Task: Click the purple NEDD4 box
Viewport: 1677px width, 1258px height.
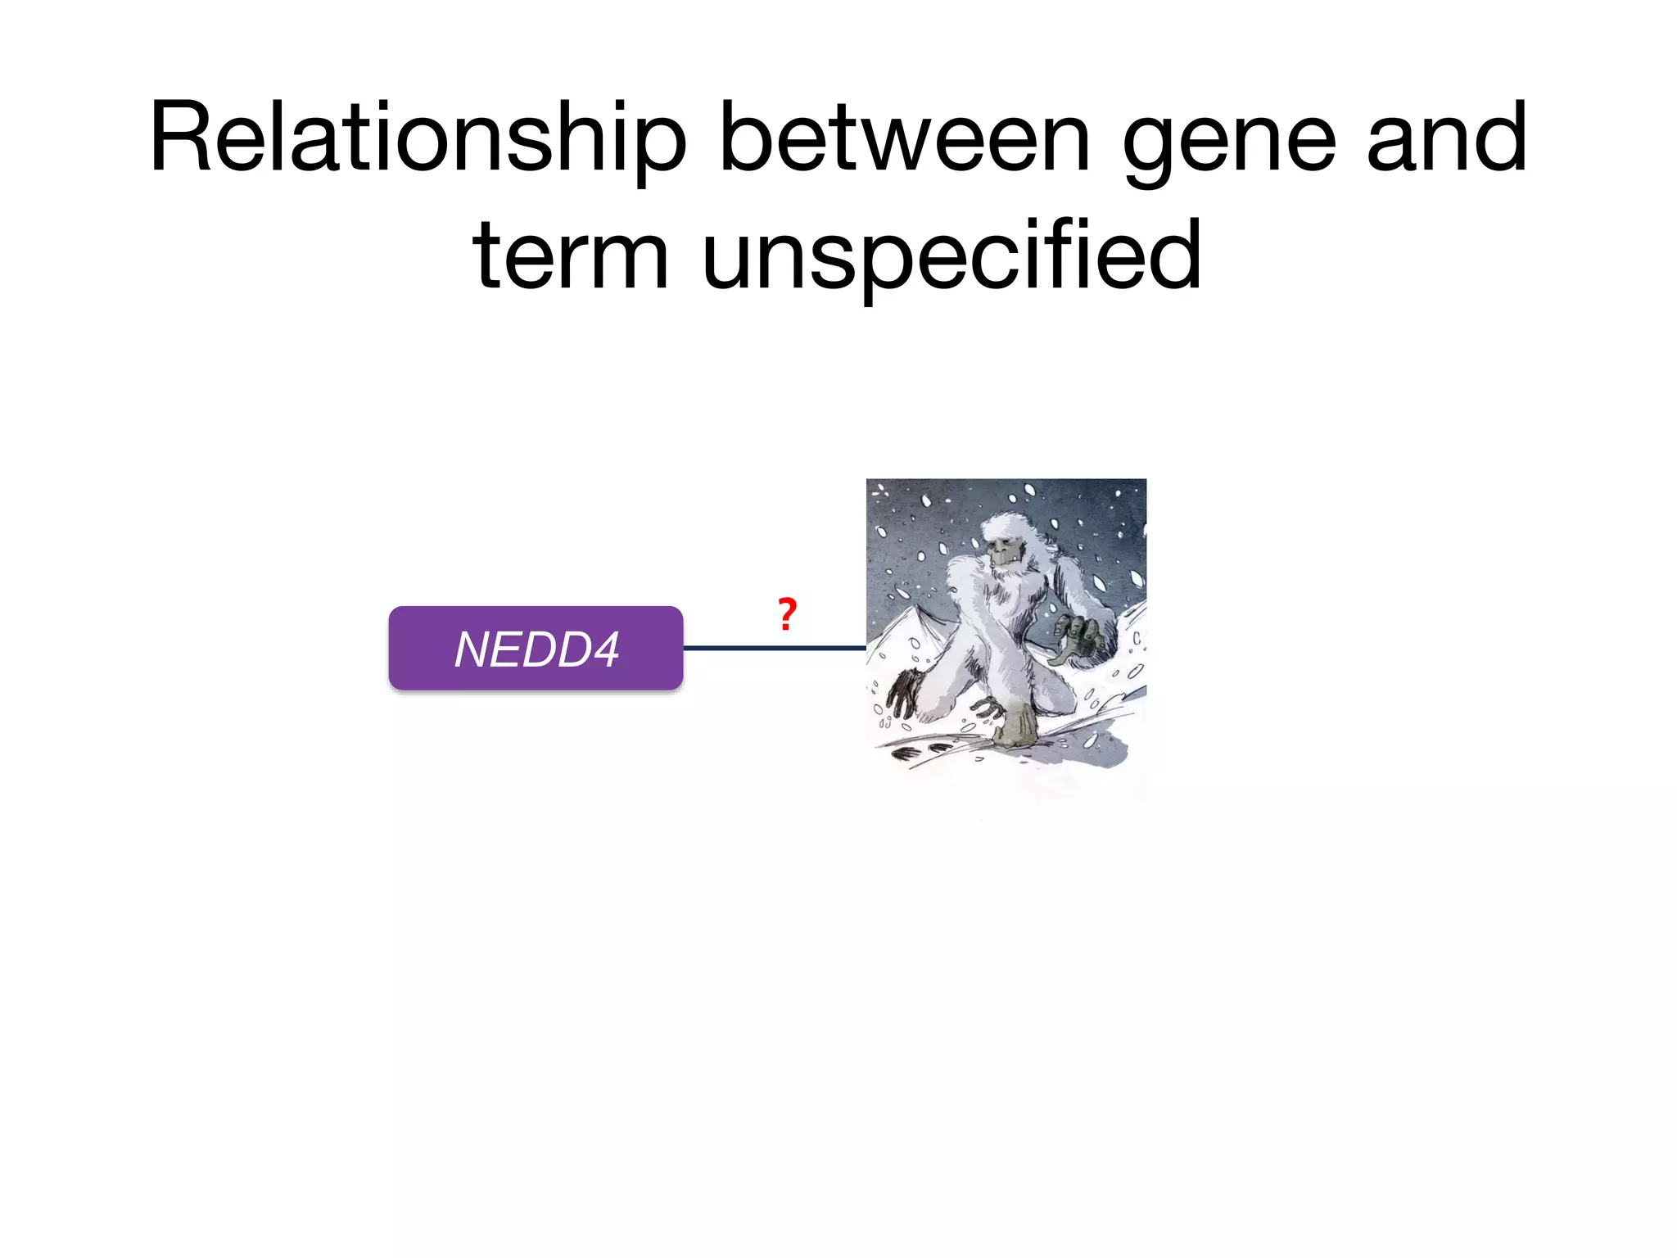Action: pos(536,649)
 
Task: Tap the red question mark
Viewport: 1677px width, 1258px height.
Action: pos(787,614)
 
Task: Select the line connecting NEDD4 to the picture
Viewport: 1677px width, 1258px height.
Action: pos(774,648)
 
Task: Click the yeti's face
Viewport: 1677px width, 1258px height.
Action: pos(1003,550)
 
